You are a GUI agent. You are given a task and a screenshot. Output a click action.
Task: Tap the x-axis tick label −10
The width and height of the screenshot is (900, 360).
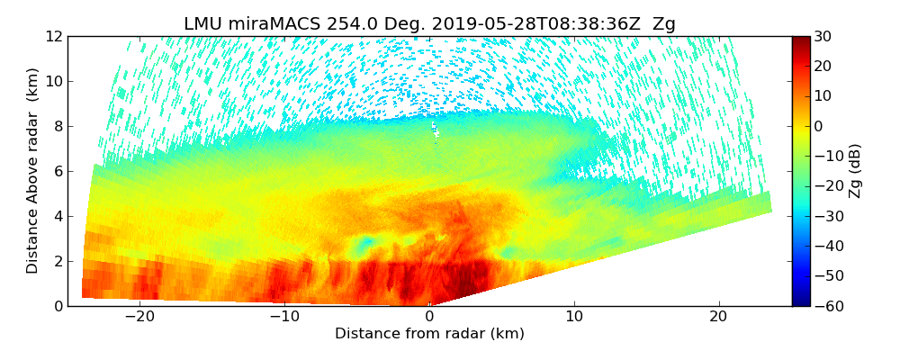tap(284, 317)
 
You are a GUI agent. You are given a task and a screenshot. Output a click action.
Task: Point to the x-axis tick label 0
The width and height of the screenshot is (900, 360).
tap(429, 317)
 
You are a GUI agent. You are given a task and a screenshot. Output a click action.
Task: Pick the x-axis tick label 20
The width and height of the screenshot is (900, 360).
tap(718, 317)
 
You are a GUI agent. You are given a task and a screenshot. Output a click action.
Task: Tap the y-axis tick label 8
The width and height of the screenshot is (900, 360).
tap(57, 126)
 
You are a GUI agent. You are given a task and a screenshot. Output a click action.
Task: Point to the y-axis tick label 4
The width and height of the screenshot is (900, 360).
tap(57, 216)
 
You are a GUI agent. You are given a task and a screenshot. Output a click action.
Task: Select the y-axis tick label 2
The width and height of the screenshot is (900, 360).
tap(57, 261)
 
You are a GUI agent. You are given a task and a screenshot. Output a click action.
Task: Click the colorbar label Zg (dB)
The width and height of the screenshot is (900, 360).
tap(856, 171)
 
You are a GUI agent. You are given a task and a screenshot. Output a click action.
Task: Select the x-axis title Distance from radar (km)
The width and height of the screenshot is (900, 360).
tap(429, 334)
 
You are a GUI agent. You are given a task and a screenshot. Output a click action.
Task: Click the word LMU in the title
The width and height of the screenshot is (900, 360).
tap(204, 24)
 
